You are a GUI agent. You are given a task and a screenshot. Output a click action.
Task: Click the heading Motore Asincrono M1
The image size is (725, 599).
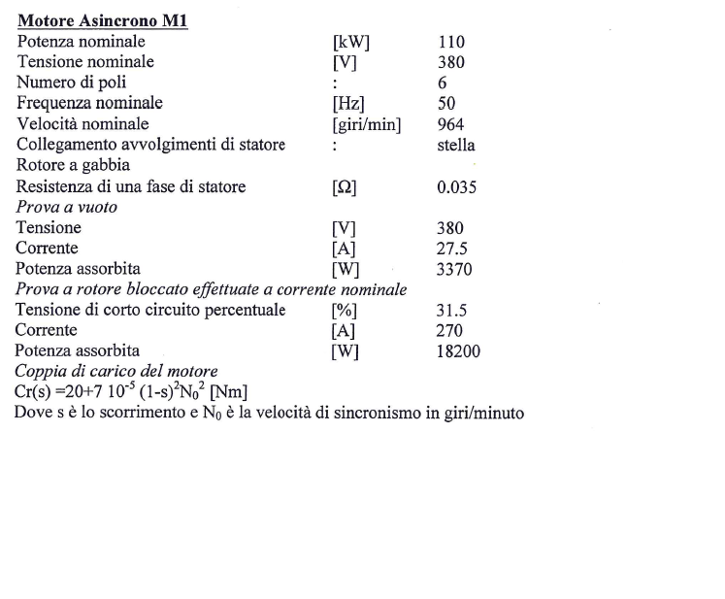coord(101,21)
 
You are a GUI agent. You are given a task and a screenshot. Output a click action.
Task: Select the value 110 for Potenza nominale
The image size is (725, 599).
coord(451,42)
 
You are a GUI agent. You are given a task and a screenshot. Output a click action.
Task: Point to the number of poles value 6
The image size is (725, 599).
coord(443,83)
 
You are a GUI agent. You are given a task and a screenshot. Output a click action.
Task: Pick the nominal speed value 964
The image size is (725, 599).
coord(451,124)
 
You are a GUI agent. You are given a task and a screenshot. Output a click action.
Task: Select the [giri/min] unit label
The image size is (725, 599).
coord(367,124)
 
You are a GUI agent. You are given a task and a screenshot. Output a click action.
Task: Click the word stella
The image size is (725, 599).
coord(457,145)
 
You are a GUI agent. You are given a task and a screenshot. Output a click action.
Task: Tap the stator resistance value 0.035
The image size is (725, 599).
coord(457,187)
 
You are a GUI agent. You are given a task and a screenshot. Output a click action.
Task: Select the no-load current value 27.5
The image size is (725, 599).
coord(453,249)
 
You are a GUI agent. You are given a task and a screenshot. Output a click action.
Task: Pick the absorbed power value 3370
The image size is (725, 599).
coord(455,269)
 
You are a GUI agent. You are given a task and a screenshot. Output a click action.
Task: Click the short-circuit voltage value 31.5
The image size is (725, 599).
coord(453,311)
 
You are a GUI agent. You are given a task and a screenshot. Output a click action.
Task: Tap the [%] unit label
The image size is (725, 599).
coord(346,311)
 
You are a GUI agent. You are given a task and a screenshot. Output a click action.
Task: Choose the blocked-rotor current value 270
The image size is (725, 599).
coord(451,331)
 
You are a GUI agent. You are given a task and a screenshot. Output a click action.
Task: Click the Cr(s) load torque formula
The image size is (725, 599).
coord(132,392)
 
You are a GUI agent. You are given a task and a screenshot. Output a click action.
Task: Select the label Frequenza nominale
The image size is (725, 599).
coord(89,103)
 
